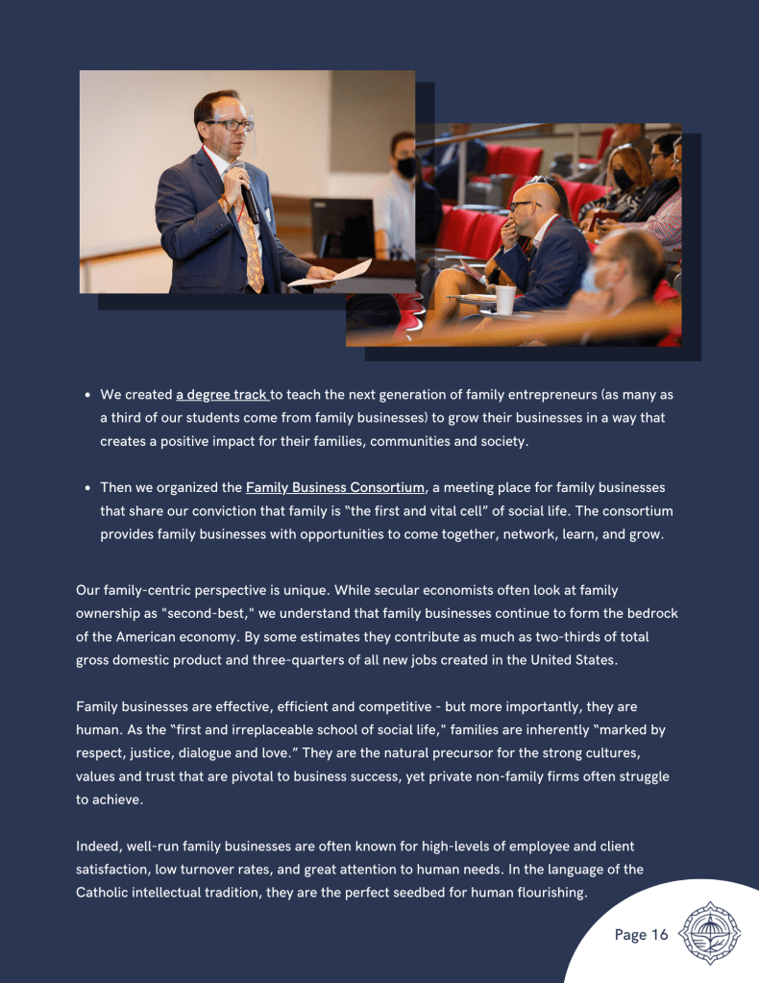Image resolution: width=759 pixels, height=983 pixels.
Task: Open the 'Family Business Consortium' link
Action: point(335,488)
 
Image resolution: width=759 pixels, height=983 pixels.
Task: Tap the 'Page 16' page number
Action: point(641,934)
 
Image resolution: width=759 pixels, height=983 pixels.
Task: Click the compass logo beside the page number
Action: point(710,932)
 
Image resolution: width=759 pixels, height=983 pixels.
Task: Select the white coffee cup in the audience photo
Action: point(504,299)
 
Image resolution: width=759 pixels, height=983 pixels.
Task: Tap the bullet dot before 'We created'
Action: point(87,395)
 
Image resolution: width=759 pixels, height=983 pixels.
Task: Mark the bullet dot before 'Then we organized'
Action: point(87,488)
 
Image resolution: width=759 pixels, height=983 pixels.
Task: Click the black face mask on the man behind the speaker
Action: point(406,167)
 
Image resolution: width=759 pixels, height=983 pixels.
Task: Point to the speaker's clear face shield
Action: point(233,130)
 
